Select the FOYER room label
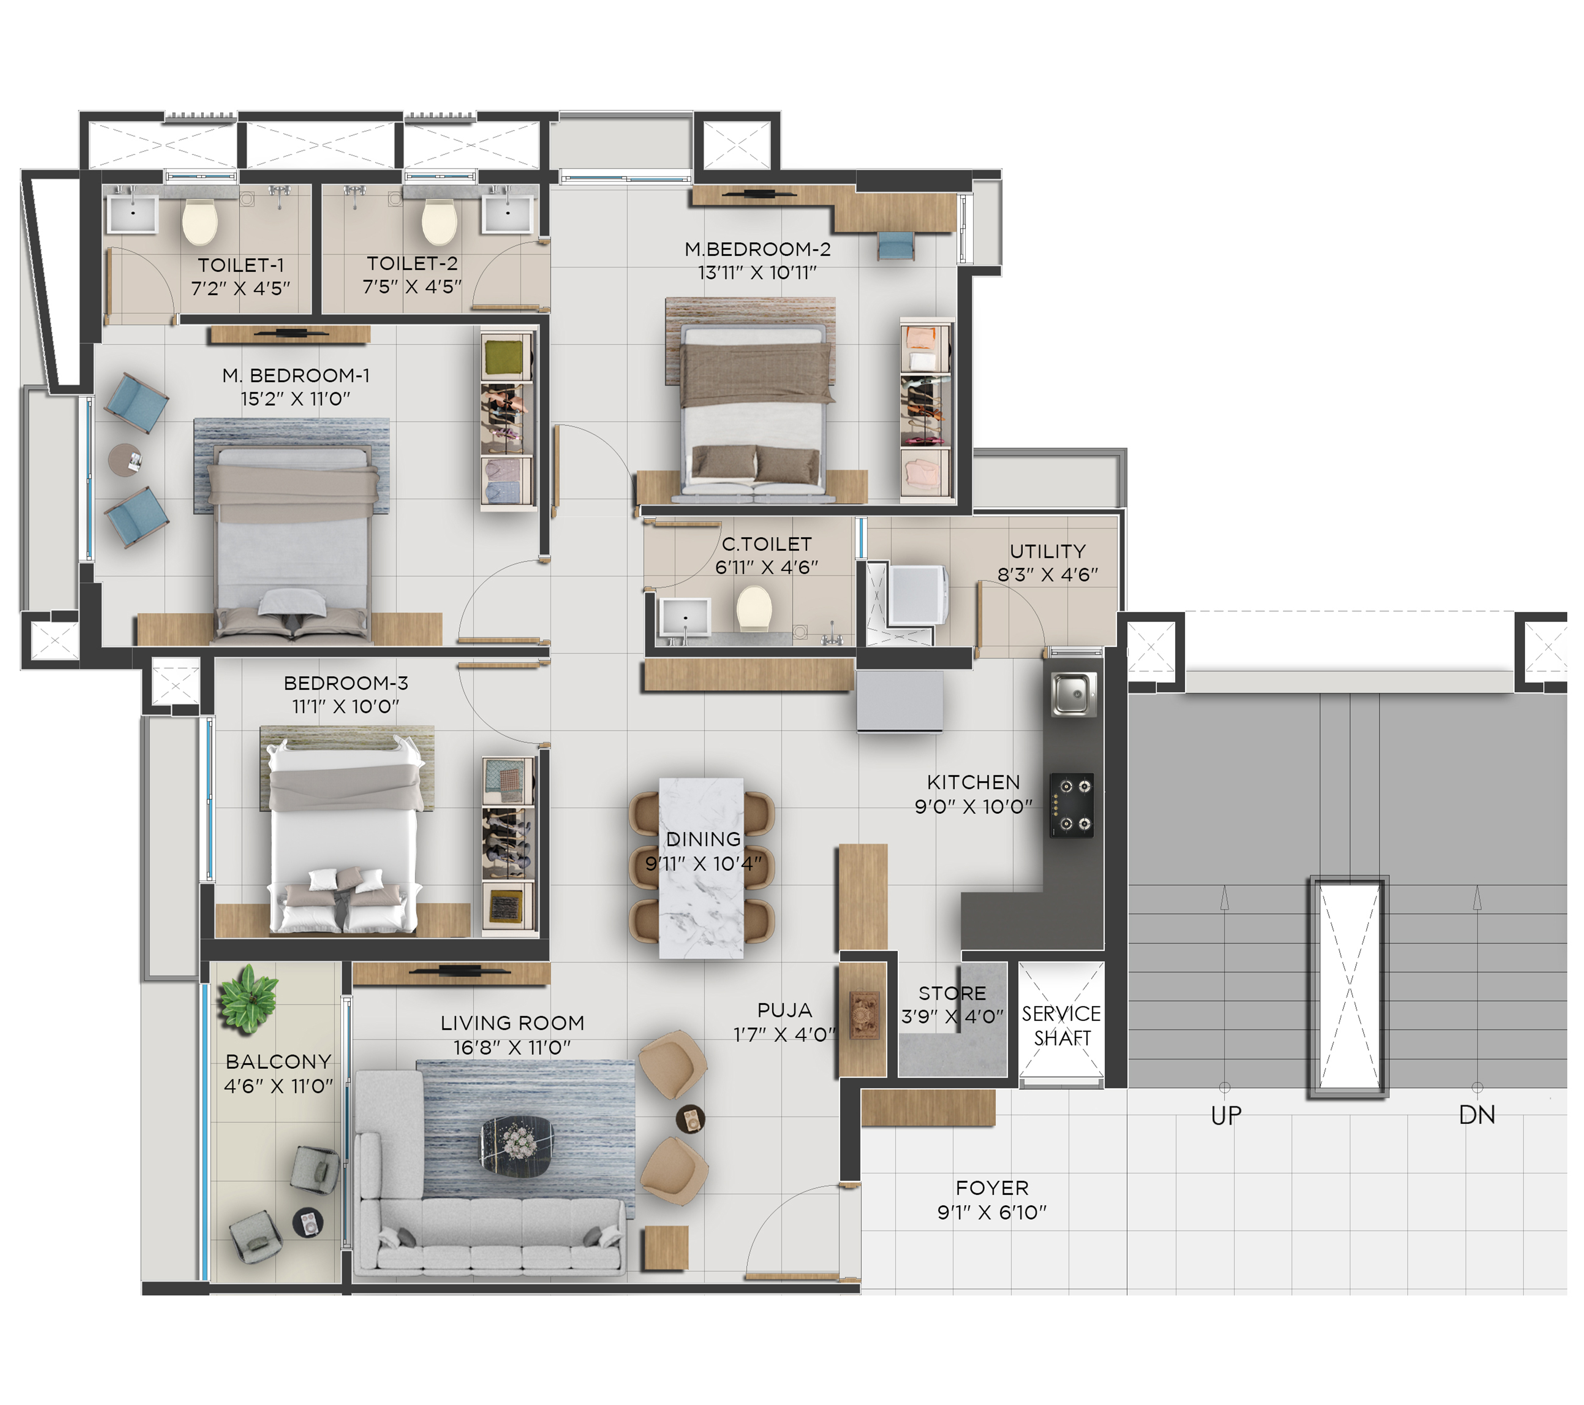(x=992, y=1188)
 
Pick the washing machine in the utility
(x=918, y=595)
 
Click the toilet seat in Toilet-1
(x=200, y=222)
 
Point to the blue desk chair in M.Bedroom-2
(x=896, y=246)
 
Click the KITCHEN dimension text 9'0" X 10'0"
(x=973, y=807)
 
